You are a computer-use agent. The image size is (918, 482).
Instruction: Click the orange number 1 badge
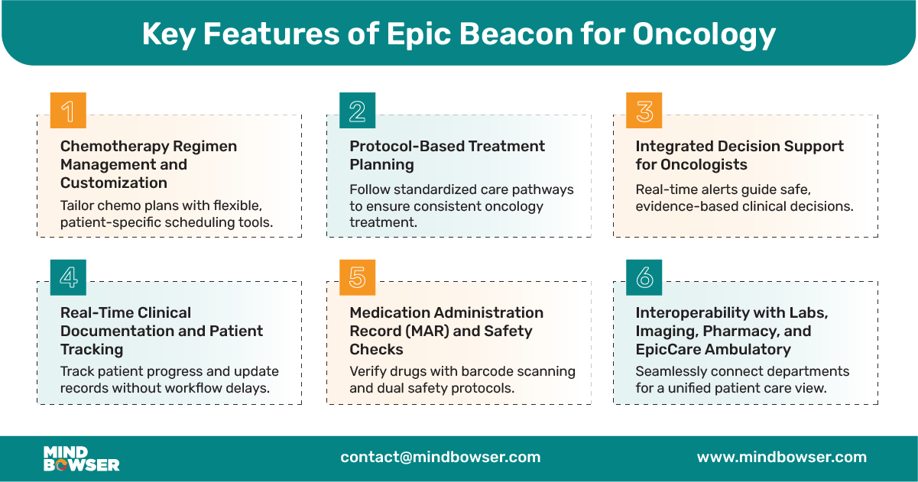click(68, 111)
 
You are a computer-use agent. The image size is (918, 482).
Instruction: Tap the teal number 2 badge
click(357, 111)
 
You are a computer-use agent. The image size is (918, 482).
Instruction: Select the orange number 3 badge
click(644, 111)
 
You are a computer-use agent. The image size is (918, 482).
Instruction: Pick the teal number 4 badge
click(68, 277)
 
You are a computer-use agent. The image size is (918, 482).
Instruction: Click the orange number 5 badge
click(357, 277)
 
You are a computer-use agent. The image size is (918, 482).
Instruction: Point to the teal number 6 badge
click(644, 277)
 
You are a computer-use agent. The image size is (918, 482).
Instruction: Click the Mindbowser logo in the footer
click(81, 458)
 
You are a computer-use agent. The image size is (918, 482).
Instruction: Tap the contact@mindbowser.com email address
click(440, 458)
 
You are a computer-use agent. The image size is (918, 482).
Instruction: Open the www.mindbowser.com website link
click(781, 458)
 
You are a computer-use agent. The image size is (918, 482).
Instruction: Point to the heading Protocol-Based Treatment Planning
click(447, 155)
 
